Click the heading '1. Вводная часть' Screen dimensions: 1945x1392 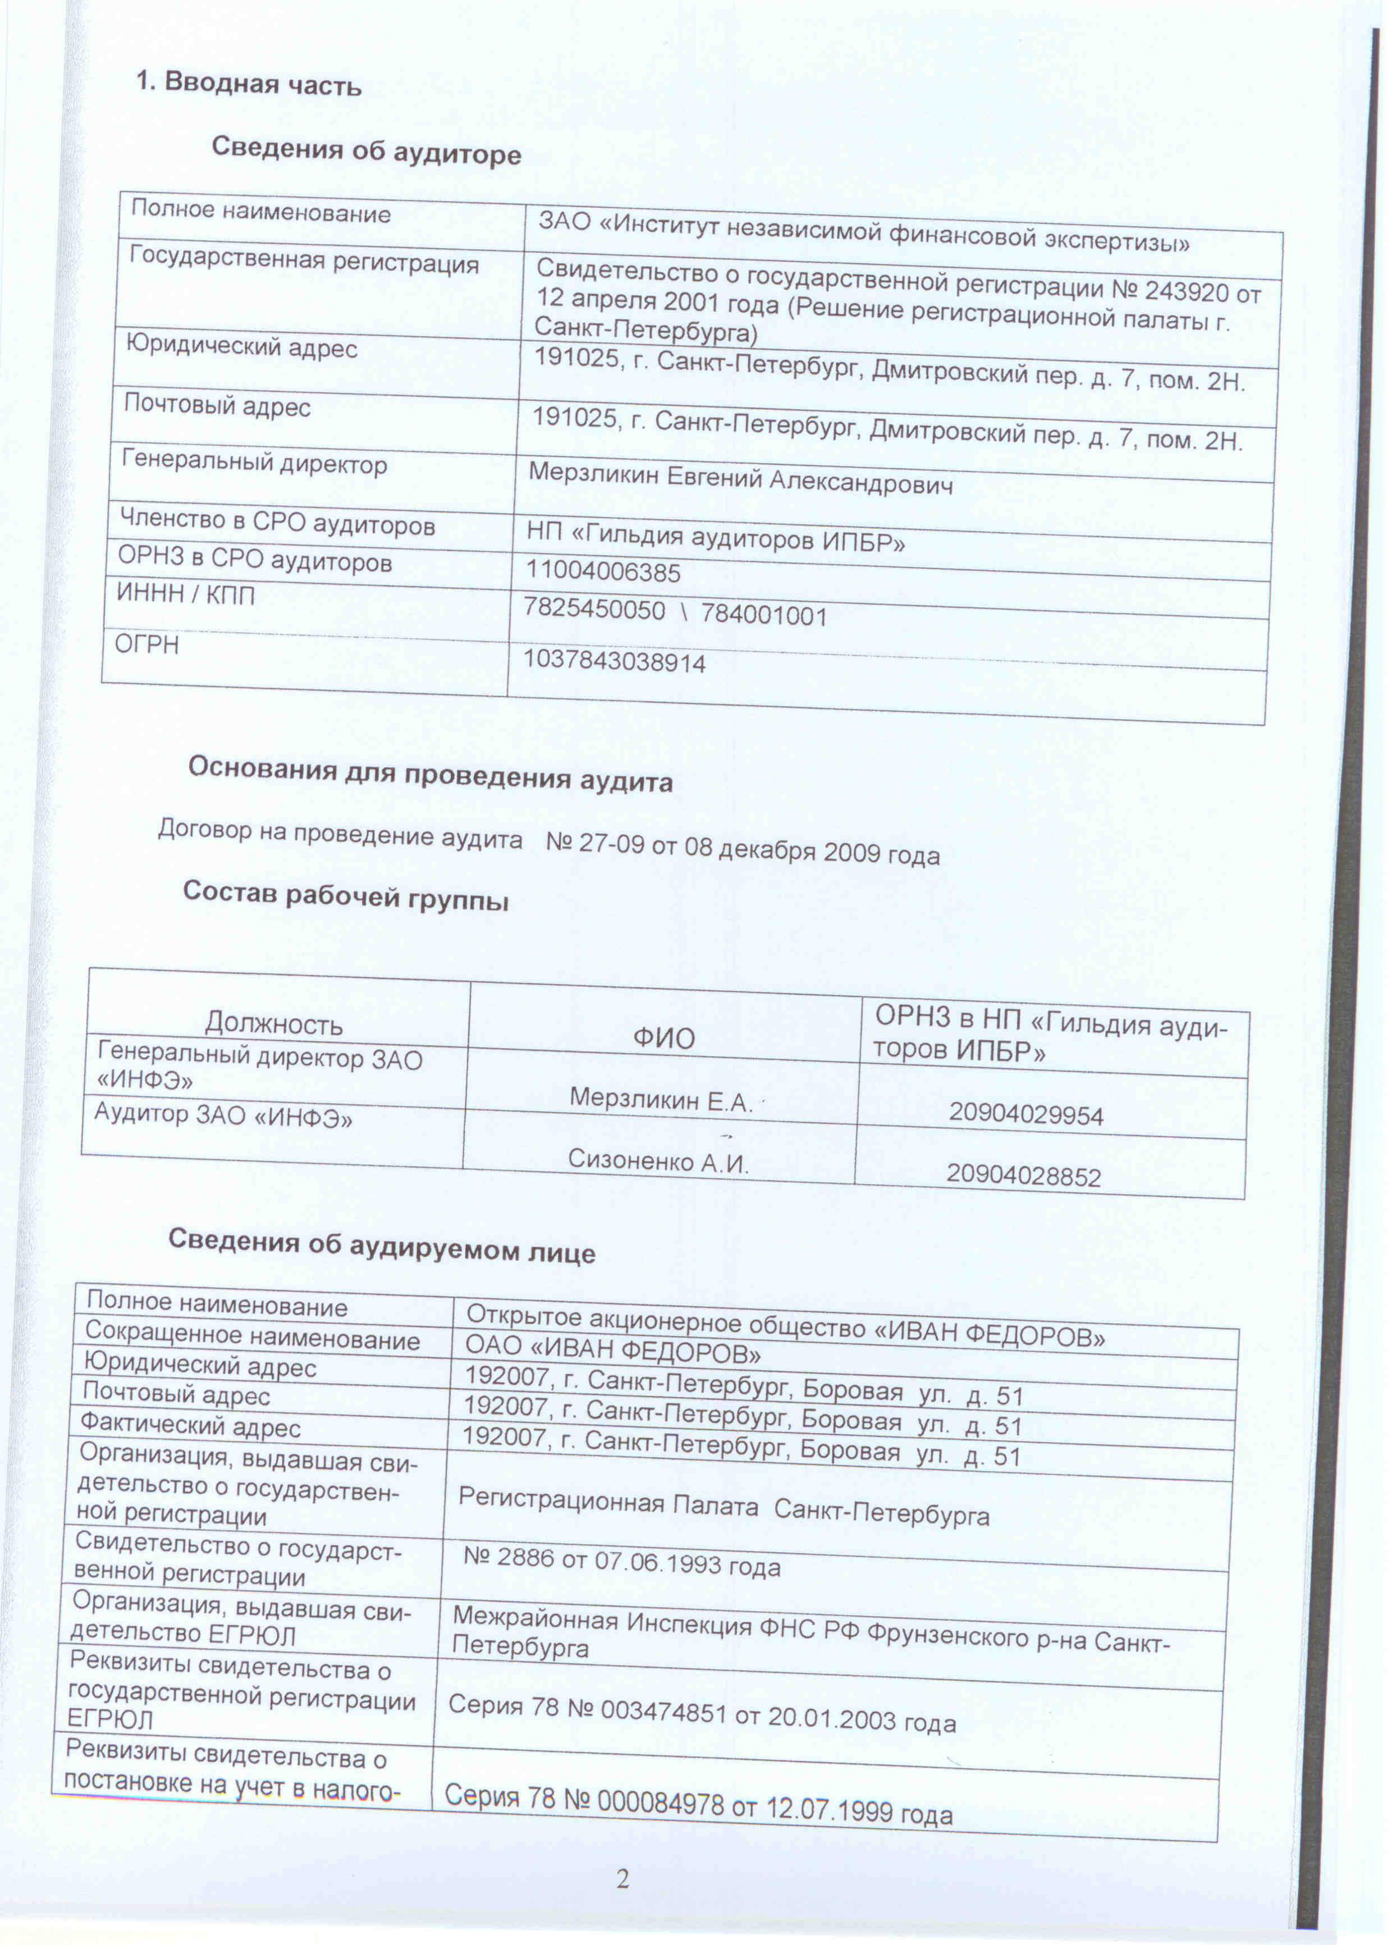click(249, 84)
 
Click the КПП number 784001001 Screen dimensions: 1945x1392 click(764, 615)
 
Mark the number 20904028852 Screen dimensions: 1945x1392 click(1023, 1175)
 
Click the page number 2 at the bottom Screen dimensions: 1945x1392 click(622, 1879)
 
